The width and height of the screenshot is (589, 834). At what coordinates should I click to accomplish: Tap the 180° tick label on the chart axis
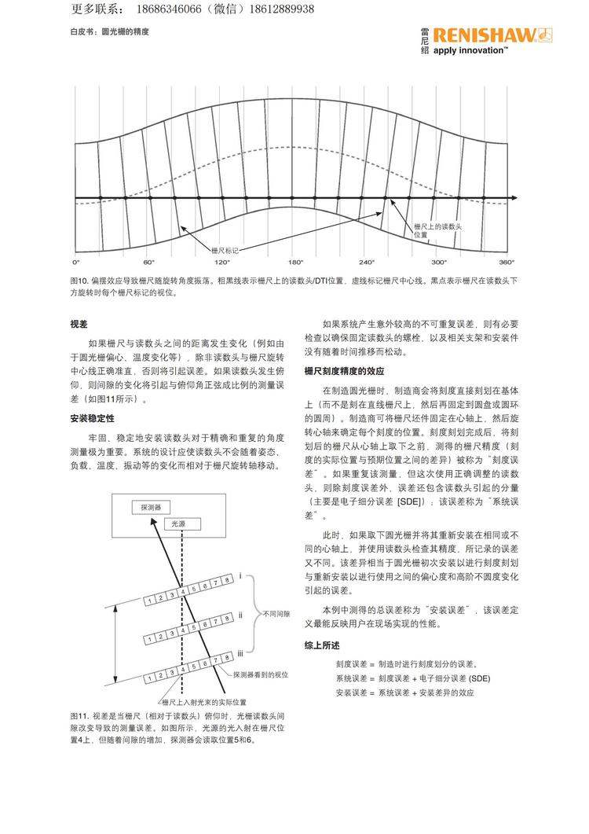pyautogui.click(x=296, y=261)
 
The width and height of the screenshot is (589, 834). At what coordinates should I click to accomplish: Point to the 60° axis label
pyautogui.click(x=149, y=261)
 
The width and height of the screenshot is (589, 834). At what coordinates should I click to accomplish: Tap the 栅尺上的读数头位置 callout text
pyautogui.click(x=437, y=230)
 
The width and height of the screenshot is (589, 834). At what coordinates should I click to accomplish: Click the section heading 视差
pyautogui.click(x=79, y=324)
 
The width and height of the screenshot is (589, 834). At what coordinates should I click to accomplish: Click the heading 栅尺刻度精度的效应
pyautogui.click(x=344, y=370)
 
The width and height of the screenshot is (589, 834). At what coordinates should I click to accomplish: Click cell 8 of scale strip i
pyautogui.click(x=227, y=579)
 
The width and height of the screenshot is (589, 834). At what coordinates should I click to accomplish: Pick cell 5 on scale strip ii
pyautogui.click(x=193, y=627)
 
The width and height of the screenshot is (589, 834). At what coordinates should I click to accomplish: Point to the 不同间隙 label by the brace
pyautogui.click(x=276, y=613)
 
